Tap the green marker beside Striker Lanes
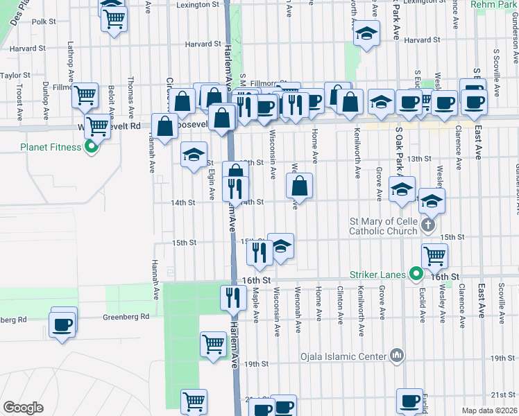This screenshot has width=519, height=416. point(416,275)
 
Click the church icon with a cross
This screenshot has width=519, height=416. point(429,224)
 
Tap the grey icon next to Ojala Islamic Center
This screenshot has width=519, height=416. point(396,356)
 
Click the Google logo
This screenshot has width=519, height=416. point(23,408)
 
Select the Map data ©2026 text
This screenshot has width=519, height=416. point(489,410)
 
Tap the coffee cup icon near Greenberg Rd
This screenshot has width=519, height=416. point(62,324)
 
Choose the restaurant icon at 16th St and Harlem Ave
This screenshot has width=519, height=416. point(232,297)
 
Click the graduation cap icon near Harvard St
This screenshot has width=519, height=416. point(366,33)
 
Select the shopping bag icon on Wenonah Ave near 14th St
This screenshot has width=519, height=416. point(299,185)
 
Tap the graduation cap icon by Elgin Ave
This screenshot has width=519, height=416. point(194,153)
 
